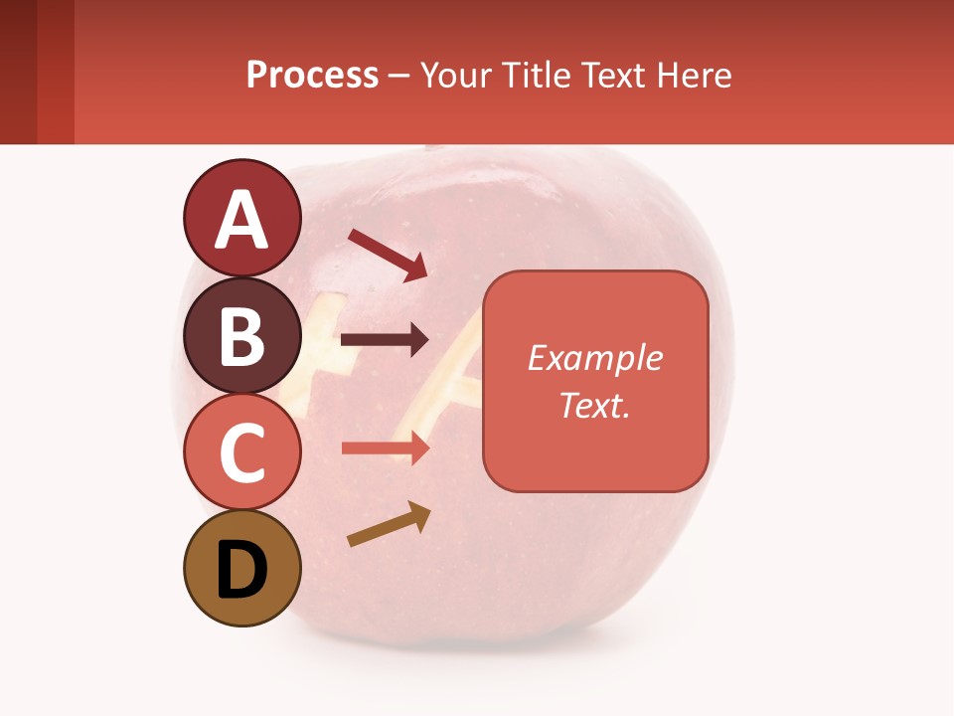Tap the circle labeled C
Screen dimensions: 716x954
click(241, 452)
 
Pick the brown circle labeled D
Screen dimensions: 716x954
click(241, 569)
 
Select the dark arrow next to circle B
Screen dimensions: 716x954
click(385, 340)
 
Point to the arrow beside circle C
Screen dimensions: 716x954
click(385, 448)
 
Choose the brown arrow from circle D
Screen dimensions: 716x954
click(389, 525)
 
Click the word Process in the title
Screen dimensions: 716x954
click(312, 75)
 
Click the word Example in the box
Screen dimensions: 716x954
click(594, 358)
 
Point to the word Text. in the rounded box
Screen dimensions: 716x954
click(594, 405)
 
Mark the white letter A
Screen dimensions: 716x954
click(241, 220)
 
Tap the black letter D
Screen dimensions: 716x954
click(241, 571)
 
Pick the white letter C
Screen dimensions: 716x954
click(241, 453)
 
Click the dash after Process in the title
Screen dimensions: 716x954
click(399, 76)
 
